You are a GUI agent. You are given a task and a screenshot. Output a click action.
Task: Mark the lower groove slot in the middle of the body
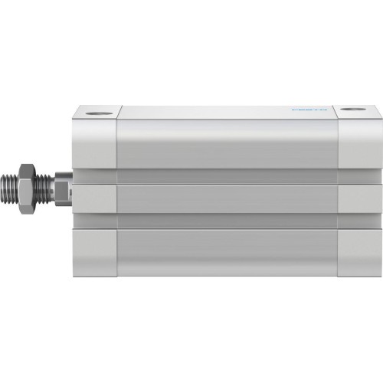tap(226, 219)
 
